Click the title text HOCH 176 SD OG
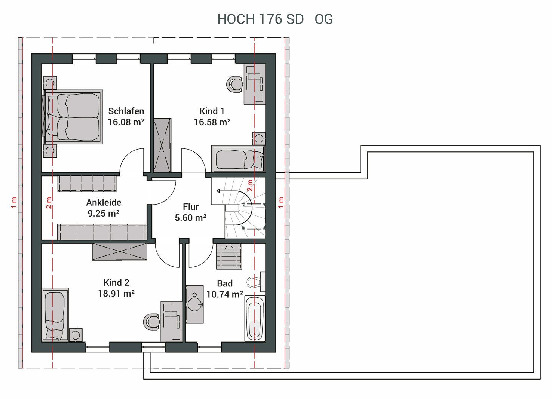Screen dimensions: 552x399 coord(275,19)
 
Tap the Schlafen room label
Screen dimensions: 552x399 coord(126,111)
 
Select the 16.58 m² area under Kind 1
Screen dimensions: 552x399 coord(212,122)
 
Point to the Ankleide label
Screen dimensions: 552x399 coord(104,202)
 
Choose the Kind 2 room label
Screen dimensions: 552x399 coord(116,282)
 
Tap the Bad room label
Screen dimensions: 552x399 coord(225,283)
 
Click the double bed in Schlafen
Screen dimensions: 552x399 coord(73,117)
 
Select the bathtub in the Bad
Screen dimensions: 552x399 coord(255,318)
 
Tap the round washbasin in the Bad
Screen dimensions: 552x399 coord(195,304)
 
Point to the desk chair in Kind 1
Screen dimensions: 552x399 coord(234,84)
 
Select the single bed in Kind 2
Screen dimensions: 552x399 coord(55,314)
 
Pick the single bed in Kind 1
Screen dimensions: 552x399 coord(238,159)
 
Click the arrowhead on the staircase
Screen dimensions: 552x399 coord(218,191)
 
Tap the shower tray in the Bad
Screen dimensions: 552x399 coord(229,257)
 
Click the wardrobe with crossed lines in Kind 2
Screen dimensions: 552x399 coord(120,252)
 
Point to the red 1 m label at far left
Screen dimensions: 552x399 coord(14,203)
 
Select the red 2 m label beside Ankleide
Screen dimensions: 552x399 coord(49,203)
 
